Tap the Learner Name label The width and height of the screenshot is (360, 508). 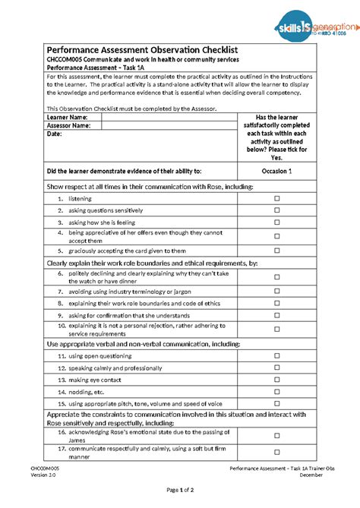68,118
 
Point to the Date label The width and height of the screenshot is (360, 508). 54,134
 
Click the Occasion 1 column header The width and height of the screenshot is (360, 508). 276,172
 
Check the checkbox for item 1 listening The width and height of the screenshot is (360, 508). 276,198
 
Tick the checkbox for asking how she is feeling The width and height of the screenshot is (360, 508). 276,222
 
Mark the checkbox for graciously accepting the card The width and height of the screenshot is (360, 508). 276,251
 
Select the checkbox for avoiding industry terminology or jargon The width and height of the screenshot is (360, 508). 276,291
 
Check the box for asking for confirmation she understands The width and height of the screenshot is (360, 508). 276,315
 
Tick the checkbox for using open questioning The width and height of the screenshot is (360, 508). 276,355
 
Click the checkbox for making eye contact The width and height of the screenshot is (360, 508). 276,380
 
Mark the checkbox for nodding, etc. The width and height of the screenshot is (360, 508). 276,392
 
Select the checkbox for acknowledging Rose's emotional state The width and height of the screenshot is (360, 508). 276,435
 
